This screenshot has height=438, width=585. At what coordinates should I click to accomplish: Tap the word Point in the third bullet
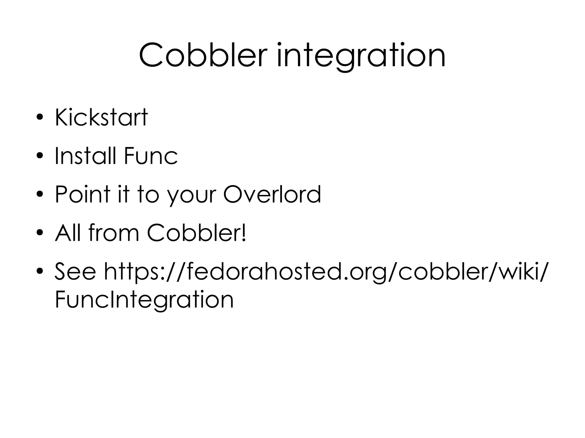83,194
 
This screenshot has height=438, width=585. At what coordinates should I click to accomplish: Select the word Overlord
272,194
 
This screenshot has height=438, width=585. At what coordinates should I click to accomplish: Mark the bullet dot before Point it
40,195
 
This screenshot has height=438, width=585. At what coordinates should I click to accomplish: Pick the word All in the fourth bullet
68,233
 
